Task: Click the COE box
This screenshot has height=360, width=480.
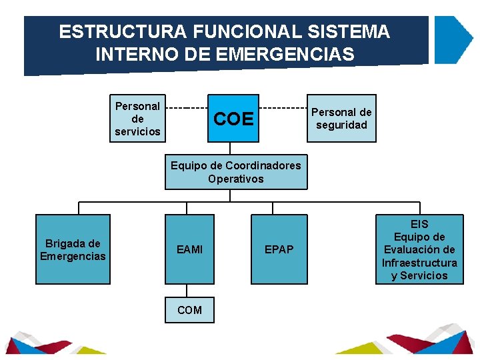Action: point(233,119)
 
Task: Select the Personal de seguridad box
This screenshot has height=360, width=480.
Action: point(341,119)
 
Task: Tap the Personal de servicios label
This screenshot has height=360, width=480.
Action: point(137,119)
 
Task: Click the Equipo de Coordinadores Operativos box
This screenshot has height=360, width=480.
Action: point(235,172)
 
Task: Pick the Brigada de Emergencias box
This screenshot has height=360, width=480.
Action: point(73,249)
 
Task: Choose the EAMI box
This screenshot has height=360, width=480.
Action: point(190,249)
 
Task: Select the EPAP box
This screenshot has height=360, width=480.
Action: point(279,249)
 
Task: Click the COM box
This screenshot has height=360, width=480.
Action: point(190,310)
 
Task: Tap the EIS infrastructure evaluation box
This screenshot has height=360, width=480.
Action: point(419,249)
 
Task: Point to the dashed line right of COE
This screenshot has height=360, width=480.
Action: point(283,107)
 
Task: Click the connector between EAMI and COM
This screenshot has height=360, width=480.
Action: point(189,291)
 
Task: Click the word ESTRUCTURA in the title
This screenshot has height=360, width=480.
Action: point(113,31)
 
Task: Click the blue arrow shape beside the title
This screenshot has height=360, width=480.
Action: point(453,39)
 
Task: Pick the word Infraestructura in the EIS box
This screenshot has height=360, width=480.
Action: point(419,263)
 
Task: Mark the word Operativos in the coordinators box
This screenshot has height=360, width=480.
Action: point(235,179)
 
